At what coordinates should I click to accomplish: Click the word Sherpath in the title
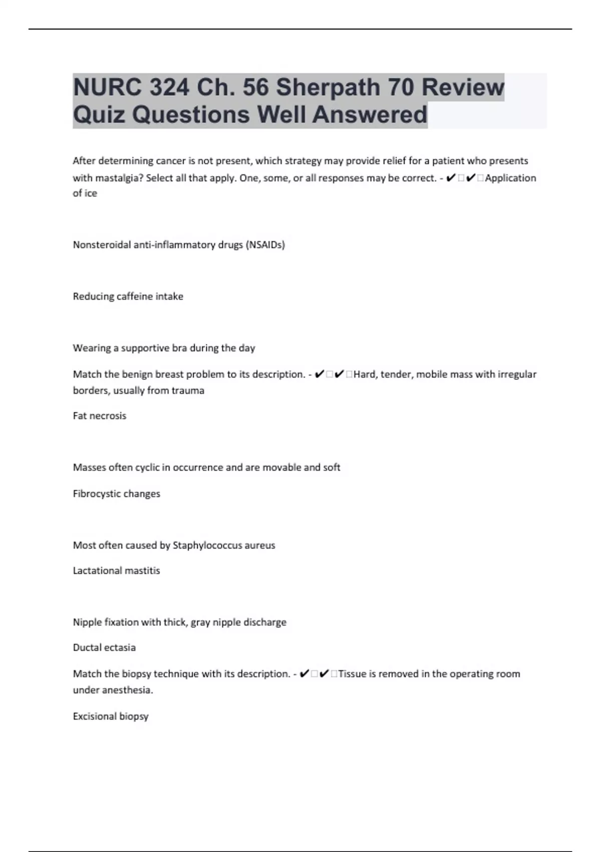(x=328, y=87)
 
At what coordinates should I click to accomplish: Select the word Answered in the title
(x=370, y=114)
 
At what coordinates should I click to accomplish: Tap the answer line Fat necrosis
(x=100, y=415)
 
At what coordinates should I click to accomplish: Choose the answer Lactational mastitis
(x=116, y=570)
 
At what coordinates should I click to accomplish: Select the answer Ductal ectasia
(x=104, y=648)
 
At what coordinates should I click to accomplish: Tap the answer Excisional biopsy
(x=111, y=716)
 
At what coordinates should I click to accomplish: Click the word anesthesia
(x=127, y=690)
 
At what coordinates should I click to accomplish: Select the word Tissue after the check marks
(x=353, y=674)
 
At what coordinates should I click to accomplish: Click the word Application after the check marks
(x=510, y=178)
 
